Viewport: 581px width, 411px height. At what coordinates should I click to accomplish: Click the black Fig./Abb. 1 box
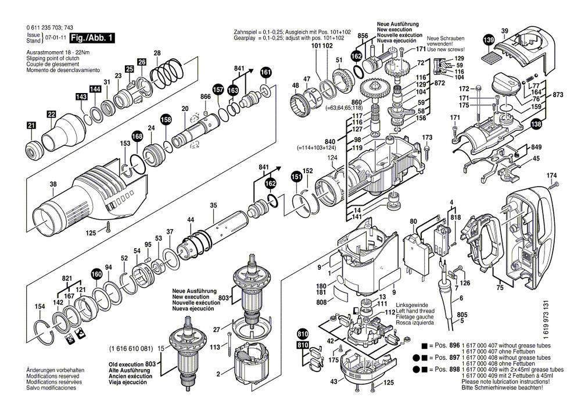(92, 38)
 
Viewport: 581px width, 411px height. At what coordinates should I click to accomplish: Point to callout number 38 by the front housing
(53, 184)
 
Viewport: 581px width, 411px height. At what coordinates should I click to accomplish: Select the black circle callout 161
(266, 72)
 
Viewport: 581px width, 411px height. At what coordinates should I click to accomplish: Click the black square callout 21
(31, 125)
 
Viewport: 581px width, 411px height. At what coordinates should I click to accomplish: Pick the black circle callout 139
(489, 40)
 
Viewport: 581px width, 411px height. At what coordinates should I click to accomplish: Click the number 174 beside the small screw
(551, 175)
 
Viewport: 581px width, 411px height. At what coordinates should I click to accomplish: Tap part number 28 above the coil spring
(157, 53)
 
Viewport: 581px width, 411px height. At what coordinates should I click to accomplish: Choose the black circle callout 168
(137, 137)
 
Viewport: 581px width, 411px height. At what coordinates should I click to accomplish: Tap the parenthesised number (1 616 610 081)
(131, 349)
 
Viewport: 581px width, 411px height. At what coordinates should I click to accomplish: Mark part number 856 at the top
(363, 36)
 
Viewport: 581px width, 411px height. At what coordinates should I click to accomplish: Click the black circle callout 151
(296, 176)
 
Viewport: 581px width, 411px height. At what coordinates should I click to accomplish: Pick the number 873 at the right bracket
(558, 95)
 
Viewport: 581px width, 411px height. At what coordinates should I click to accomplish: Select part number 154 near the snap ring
(39, 306)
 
